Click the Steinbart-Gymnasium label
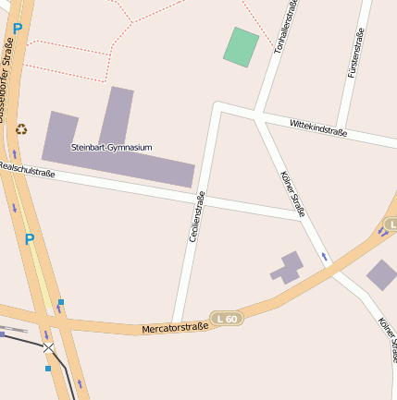click(x=111, y=148)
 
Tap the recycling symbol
click(x=22, y=130)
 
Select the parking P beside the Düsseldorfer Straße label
click(x=17, y=29)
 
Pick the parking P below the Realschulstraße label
click(x=30, y=239)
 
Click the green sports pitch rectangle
click(x=241, y=47)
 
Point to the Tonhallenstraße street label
click(x=287, y=28)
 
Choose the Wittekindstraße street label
click(x=317, y=127)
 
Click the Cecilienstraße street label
click(x=196, y=217)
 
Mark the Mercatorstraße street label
click(x=175, y=326)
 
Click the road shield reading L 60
click(x=226, y=319)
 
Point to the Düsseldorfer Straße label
click(x=8, y=79)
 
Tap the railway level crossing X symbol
click(x=48, y=348)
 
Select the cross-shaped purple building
click(x=288, y=268)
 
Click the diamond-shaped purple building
click(x=381, y=274)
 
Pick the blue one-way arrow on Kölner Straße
click(x=324, y=255)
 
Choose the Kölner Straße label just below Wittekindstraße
click(x=292, y=194)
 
